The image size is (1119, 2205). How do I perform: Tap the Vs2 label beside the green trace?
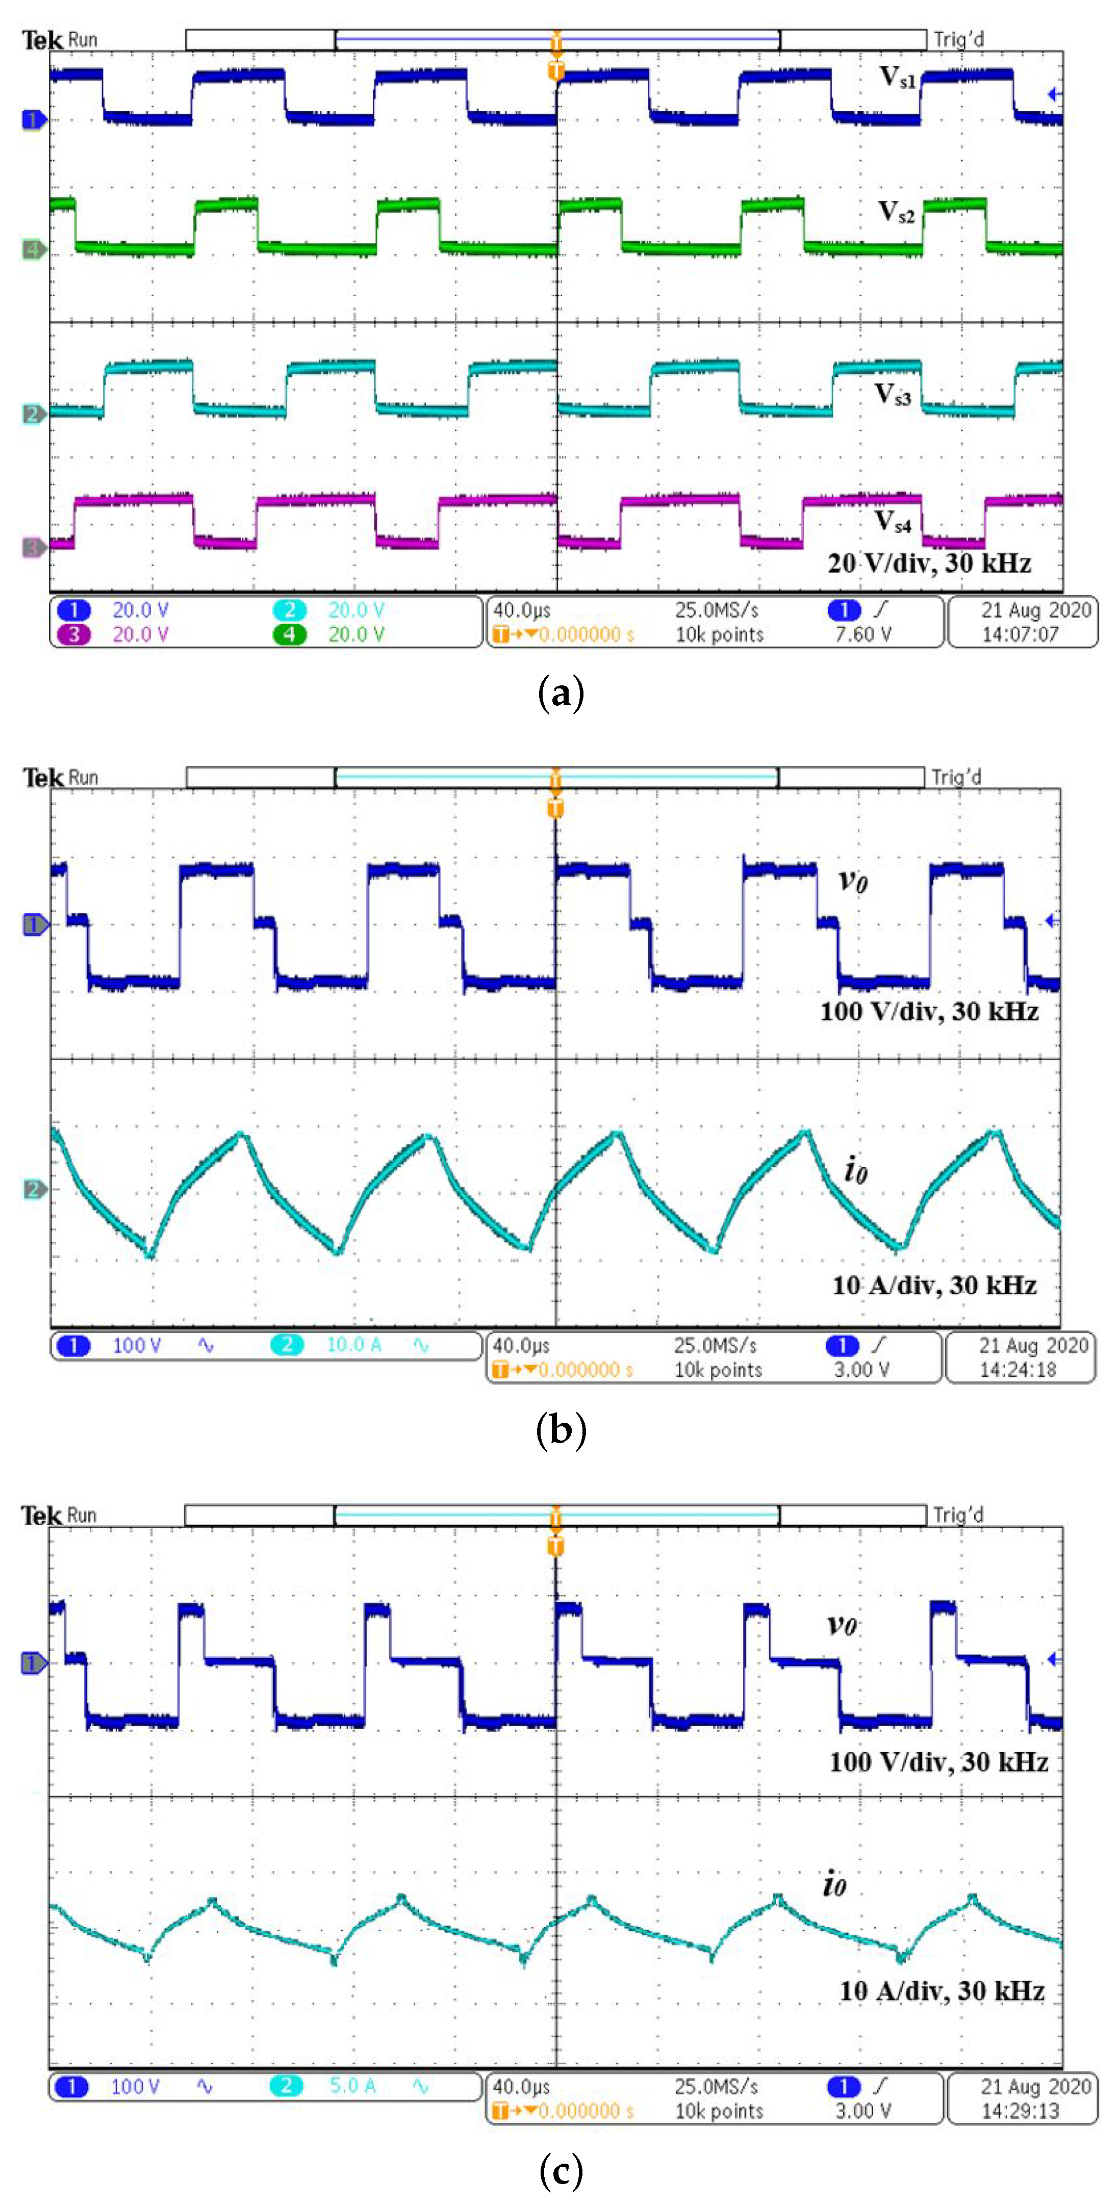pyautogui.click(x=897, y=212)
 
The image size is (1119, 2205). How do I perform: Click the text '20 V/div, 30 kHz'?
pyautogui.click(x=929, y=563)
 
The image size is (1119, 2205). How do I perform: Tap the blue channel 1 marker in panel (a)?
pyautogui.click(x=33, y=120)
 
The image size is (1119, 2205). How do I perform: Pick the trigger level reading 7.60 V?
pyautogui.click(x=863, y=634)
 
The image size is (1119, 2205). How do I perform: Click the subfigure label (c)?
pyautogui.click(x=561, y=2170)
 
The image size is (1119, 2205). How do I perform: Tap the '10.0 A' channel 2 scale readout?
pyautogui.click(x=353, y=1345)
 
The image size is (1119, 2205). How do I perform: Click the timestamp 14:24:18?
pyautogui.click(x=1018, y=1370)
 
